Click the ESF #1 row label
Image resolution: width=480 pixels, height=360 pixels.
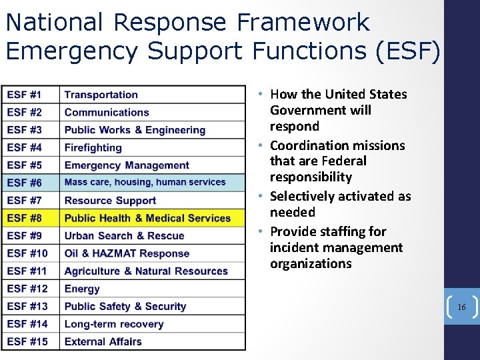(24, 95)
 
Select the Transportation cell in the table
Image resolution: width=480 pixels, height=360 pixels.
(101, 95)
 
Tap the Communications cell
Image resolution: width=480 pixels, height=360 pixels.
(107, 112)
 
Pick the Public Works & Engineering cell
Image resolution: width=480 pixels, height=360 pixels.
(135, 130)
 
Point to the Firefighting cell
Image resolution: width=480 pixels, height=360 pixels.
(93, 147)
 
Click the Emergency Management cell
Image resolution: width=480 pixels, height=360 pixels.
(127, 165)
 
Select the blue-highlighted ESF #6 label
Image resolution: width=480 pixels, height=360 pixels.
(24, 182)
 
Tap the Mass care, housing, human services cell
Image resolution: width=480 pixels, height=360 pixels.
(145, 182)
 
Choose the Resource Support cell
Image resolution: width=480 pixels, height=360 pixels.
(110, 200)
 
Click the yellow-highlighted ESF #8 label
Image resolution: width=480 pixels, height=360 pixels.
(24, 217)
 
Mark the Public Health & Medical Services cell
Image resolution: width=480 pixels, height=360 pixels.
(147, 217)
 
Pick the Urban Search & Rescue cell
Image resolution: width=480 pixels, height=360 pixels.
(124, 235)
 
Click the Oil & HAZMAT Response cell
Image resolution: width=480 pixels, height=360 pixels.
(127, 253)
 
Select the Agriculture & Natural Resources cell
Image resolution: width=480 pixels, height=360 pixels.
(146, 271)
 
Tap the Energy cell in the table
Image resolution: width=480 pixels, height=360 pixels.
(82, 289)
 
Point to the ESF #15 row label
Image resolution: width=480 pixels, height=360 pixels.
(27, 341)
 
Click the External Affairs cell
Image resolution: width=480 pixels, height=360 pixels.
(103, 341)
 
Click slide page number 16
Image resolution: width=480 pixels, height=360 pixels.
(461, 307)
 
